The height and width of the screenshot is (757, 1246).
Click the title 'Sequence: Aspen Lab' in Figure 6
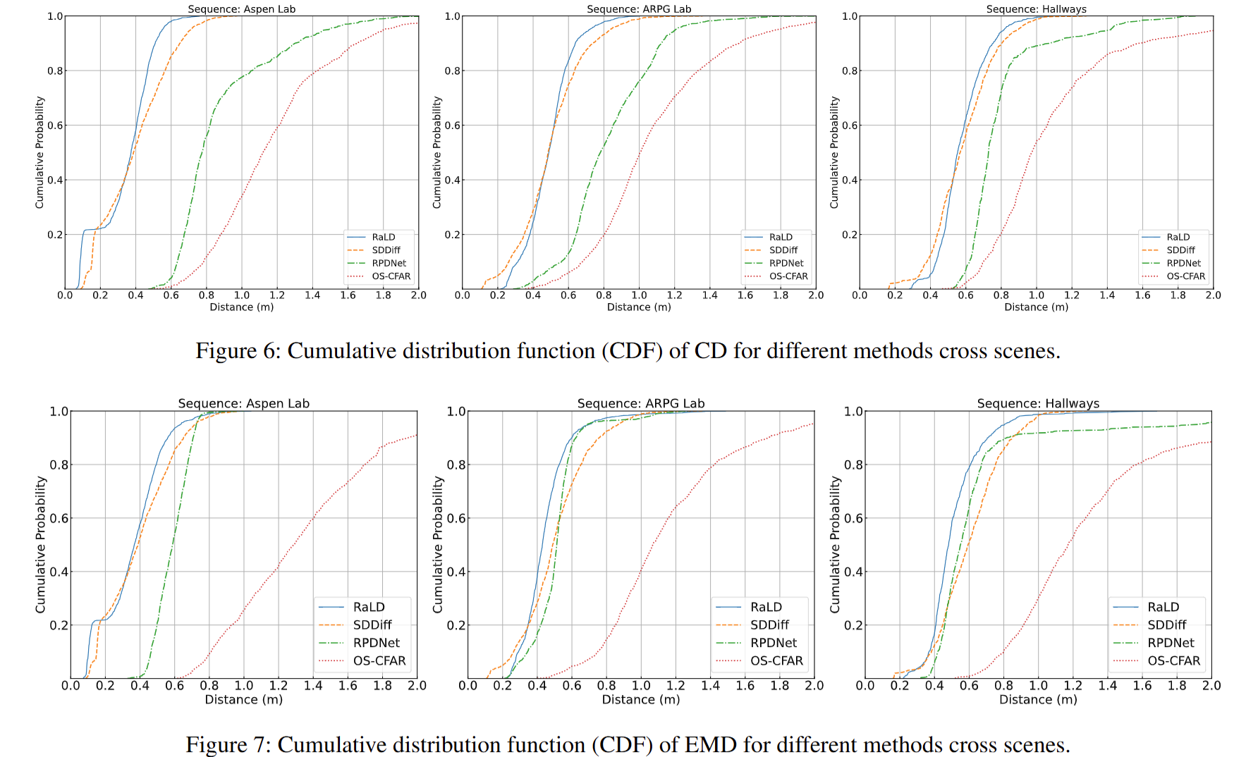pyautogui.click(x=241, y=9)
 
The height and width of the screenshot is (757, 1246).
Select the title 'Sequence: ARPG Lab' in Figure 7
pyautogui.click(x=640, y=403)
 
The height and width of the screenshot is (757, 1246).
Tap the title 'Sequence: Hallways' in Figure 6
pyautogui.click(x=1036, y=9)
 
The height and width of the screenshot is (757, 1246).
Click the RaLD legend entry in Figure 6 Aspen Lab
pyautogui.click(x=383, y=238)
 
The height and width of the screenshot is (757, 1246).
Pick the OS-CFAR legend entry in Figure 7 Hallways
pyautogui.click(x=1173, y=660)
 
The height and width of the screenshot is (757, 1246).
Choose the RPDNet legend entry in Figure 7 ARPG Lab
pyautogui.click(x=773, y=643)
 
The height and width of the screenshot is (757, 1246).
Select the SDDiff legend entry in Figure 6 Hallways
pyautogui.click(x=1180, y=250)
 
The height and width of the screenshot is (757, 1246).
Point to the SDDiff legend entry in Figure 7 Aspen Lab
pyautogui.click(x=372, y=625)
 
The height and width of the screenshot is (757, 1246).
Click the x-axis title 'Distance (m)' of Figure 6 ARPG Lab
pyautogui.click(x=639, y=307)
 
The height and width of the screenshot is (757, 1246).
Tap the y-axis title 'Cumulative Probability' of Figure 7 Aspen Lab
pyautogui.click(x=41, y=544)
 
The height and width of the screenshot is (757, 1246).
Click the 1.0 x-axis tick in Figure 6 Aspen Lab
pyautogui.click(x=242, y=295)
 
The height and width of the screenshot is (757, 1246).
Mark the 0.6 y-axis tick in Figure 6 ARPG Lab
pyautogui.click(x=452, y=125)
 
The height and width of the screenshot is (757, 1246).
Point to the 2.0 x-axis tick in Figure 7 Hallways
pyautogui.click(x=1211, y=686)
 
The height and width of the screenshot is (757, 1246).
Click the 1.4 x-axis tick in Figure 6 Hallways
pyautogui.click(x=1107, y=295)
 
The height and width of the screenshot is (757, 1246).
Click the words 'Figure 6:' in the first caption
pyautogui.click(x=238, y=351)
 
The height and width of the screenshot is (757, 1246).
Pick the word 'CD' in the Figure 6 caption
pyautogui.click(x=710, y=351)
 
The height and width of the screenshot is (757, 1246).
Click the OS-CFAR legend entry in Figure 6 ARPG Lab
pyautogui.click(x=788, y=276)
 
